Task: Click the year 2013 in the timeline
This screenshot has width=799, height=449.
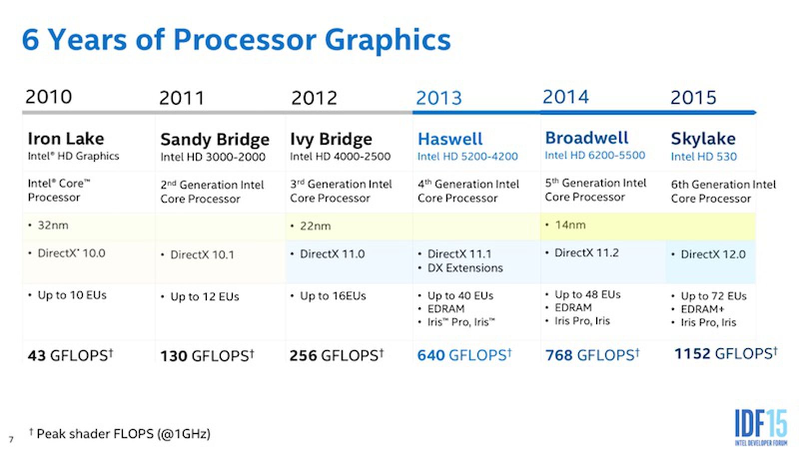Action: (x=439, y=98)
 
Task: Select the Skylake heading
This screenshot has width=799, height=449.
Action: (x=703, y=139)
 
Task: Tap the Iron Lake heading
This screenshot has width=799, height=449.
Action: (x=66, y=139)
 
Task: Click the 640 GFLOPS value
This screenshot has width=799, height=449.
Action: (x=464, y=355)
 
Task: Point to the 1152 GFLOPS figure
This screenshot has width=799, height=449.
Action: (x=725, y=354)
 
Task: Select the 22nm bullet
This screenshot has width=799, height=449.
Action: (x=315, y=226)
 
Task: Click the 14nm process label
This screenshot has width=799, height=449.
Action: (x=570, y=225)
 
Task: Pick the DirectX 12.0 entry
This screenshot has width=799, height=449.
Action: (x=713, y=254)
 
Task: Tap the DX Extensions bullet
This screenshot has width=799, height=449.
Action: (x=464, y=268)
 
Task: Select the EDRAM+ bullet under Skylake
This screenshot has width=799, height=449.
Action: (x=702, y=309)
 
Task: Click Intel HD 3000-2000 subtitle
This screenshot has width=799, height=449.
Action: (x=212, y=157)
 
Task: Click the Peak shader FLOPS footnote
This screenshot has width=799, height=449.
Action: (x=122, y=434)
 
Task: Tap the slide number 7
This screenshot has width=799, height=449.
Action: (x=11, y=440)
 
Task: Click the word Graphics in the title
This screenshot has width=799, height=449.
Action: (x=388, y=40)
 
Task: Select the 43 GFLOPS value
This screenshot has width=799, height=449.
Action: (x=70, y=356)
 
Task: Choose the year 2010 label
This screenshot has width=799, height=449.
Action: (x=48, y=97)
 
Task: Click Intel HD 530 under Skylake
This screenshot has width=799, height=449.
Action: (x=703, y=157)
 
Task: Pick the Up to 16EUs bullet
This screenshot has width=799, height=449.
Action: (x=332, y=296)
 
